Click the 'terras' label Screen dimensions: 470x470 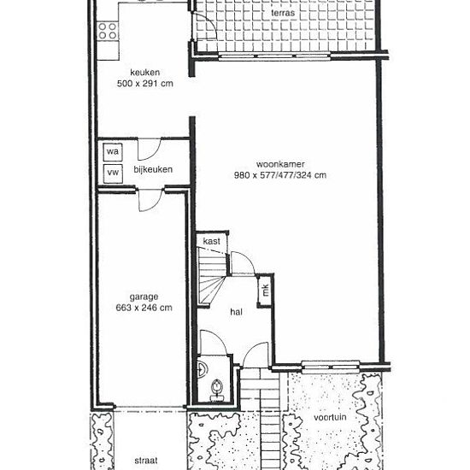283,13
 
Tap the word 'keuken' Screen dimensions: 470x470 144,73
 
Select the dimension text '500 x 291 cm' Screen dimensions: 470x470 145,84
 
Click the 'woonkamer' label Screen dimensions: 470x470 280,164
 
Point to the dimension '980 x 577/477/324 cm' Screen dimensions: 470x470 280,175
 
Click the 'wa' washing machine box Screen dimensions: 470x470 113,152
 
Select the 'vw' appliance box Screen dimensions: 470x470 113,173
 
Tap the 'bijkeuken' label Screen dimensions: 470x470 153,170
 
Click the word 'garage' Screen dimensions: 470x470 144,297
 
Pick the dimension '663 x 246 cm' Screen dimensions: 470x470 144,308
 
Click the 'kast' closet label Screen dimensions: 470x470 212,241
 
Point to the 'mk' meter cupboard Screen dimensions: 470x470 266,290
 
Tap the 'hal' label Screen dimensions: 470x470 236,312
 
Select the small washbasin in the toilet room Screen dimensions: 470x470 202,369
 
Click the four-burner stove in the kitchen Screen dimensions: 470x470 108,31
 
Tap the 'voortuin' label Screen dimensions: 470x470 330,418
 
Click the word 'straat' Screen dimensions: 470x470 146,461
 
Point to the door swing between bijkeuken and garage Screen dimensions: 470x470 150,201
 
